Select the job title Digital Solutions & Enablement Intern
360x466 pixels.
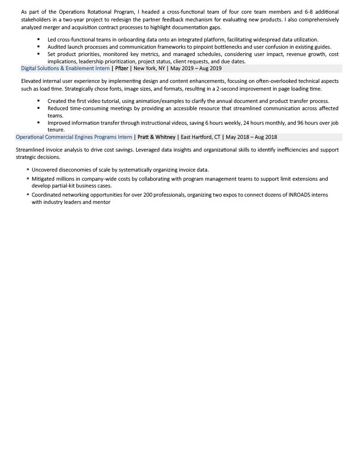pos(65,69)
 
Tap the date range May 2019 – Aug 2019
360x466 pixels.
pos(196,69)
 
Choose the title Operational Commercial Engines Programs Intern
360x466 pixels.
pos(74,137)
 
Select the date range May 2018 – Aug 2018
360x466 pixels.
pos(251,137)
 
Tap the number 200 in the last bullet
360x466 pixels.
pos(143,195)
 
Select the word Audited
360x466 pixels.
pos(57,47)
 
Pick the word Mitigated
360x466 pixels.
pos(44,179)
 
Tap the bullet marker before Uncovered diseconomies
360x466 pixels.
pos(28,169)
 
